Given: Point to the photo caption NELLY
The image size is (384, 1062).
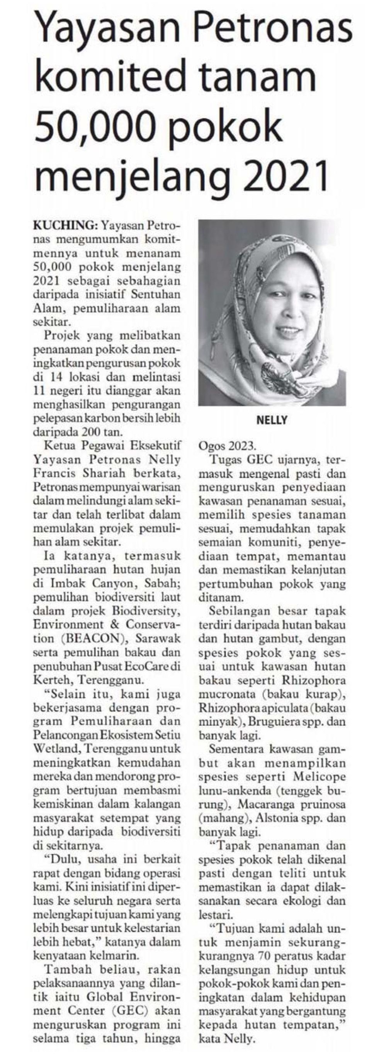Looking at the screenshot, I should click(x=272, y=420).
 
